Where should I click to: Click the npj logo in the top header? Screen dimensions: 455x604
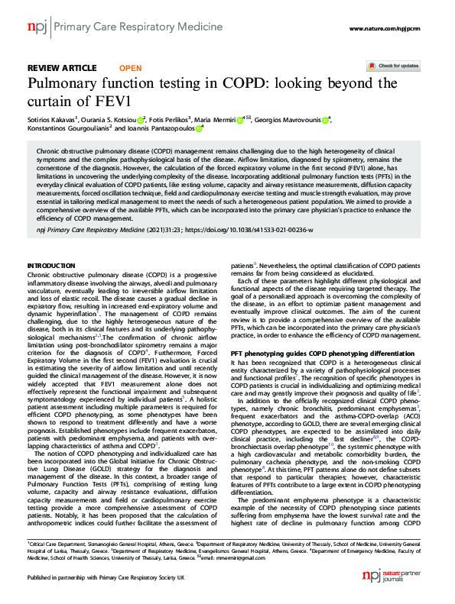point(36,27)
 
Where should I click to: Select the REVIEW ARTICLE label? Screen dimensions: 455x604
point(62,67)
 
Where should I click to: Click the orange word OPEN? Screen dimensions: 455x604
point(131,67)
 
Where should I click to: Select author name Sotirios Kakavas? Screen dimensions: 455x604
point(52,120)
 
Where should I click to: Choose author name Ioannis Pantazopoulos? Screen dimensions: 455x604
point(160,129)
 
